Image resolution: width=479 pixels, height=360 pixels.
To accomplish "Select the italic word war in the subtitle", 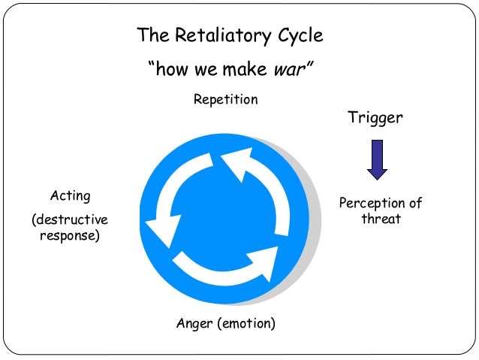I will [x=289, y=70].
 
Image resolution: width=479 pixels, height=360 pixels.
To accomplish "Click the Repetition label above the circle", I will [x=225, y=99].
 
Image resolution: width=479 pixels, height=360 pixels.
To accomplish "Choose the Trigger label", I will [x=375, y=118].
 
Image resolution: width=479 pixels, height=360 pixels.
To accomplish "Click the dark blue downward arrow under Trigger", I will [x=377, y=159].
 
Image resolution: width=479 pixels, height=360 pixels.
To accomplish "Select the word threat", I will [x=381, y=219].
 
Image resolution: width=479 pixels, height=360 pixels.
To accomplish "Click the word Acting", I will [x=70, y=196].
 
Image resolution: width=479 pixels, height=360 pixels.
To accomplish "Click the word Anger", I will [x=194, y=323].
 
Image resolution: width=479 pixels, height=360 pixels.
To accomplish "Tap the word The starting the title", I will [x=149, y=35].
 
